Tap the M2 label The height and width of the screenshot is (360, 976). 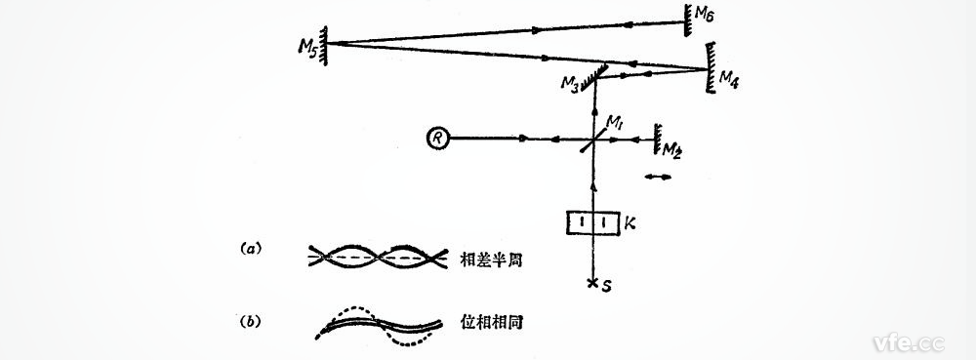click(671, 148)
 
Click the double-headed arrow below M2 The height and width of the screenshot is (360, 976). click(659, 177)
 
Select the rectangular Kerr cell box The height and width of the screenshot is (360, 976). click(594, 223)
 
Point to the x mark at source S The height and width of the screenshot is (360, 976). click(592, 284)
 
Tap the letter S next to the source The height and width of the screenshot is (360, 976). click(608, 287)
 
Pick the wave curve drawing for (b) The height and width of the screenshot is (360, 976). click(381, 325)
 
